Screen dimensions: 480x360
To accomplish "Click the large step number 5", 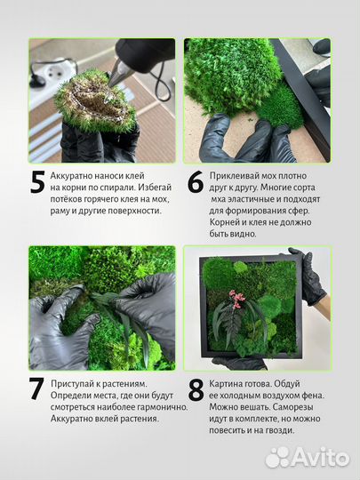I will click(x=37, y=182).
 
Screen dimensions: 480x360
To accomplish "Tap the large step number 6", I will click(x=196, y=182).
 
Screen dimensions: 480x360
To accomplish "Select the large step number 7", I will click(x=37, y=391).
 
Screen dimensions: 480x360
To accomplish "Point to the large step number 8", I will click(x=196, y=391).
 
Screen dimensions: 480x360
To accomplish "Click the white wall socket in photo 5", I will click(x=42, y=71).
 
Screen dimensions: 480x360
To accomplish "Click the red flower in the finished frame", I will click(x=239, y=297).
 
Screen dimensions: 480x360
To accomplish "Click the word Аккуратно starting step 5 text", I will click(x=77, y=177).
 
